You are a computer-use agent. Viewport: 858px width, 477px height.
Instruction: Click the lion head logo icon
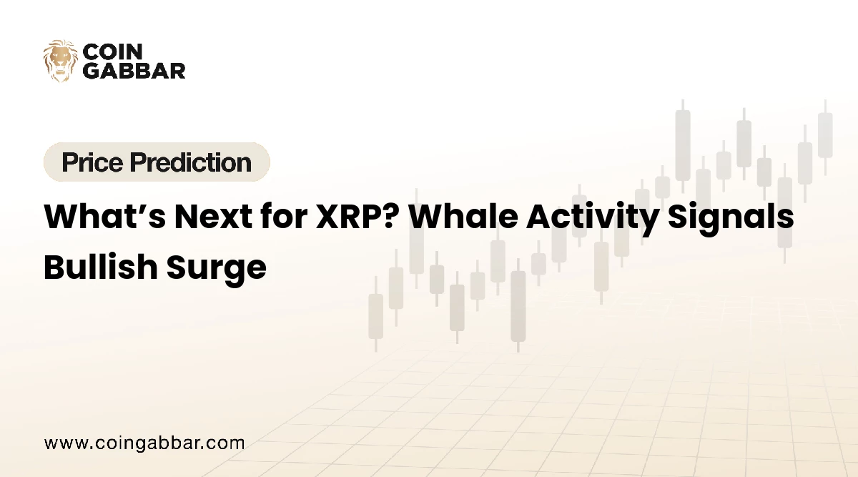pos(60,60)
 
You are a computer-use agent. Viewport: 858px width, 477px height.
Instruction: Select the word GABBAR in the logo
pos(134,70)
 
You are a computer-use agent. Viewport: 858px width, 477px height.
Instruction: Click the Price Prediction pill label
pos(157,162)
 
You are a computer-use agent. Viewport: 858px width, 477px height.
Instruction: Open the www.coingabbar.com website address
pos(144,443)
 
